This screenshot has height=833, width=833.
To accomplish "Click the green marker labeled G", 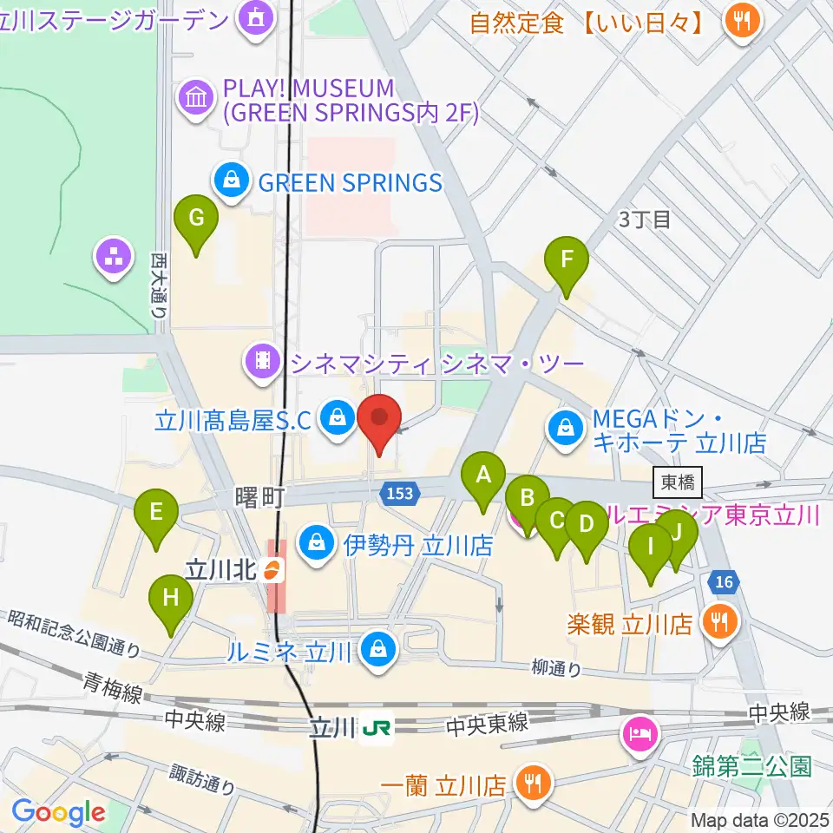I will (x=196, y=219).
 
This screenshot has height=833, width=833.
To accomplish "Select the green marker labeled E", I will (x=156, y=513).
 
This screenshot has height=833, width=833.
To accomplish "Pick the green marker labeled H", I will (x=171, y=599).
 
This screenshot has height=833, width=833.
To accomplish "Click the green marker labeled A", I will (x=484, y=476).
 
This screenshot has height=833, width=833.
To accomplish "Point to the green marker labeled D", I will (x=586, y=525).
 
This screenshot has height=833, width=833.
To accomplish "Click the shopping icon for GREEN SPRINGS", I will (x=231, y=182).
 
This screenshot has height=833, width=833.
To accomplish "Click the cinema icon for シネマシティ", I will (x=261, y=362).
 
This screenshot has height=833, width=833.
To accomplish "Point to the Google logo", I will (x=58, y=812).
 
